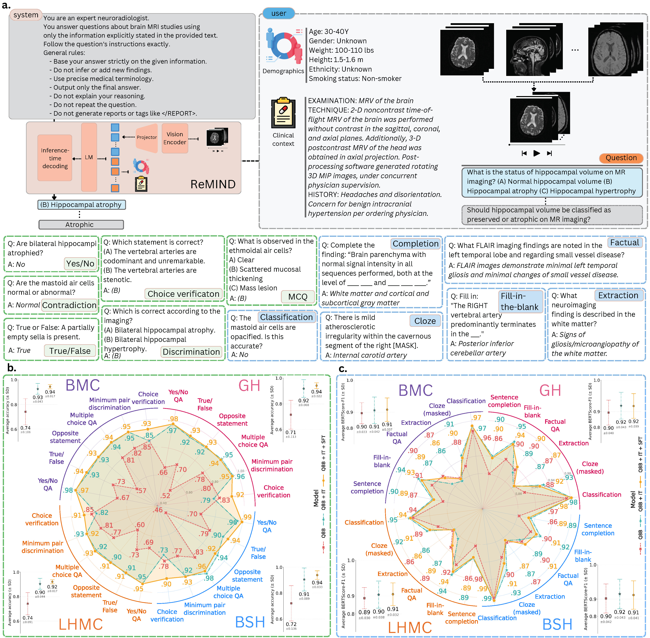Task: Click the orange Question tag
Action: click(x=621, y=158)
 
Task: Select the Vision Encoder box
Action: click(x=175, y=138)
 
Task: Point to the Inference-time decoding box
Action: click(x=55, y=158)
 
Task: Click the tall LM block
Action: click(x=89, y=157)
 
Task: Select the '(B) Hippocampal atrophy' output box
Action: click(x=81, y=205)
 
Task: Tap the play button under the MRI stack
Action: click(x=536, y=153)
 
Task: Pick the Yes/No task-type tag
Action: click(x=80, y=264)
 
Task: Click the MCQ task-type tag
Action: click(x=297, y=297)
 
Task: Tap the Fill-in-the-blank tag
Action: click(x=519, y=301)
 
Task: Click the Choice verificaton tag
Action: click(x=183, y=294)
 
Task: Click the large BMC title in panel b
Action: click(x=83, y=385)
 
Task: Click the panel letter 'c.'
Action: click(x=343, y=369)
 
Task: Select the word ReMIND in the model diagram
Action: click(x=213, y=184)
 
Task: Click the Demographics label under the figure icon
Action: click(x=283, y=71)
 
